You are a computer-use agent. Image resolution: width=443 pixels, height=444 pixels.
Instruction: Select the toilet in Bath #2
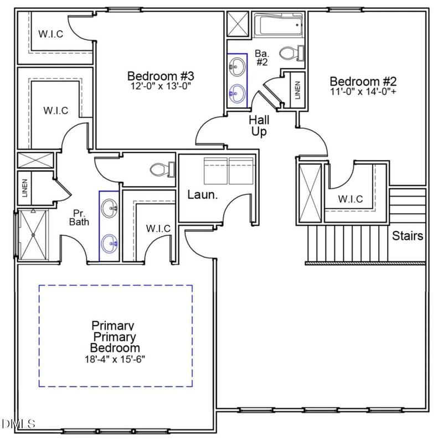pos(291,53)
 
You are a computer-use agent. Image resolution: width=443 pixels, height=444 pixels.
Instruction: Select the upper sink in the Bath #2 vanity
pos(236,69)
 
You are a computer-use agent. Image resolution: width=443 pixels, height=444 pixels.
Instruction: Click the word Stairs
pos(408,236)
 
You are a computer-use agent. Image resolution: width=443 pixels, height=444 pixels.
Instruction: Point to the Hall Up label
pos(259,126)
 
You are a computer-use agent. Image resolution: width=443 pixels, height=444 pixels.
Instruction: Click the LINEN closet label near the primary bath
pos(25,188)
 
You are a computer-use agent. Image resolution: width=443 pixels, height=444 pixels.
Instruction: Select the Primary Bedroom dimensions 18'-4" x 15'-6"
pos(115,359)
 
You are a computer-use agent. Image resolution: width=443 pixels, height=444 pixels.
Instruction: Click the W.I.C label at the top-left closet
pos(50,34)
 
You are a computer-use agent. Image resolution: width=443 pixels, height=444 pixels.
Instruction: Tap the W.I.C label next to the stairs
pos(350,200)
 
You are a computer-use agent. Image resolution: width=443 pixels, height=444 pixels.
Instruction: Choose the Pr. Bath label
pos(78,218)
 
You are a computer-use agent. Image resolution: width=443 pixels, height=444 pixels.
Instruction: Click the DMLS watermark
pos(18,424)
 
